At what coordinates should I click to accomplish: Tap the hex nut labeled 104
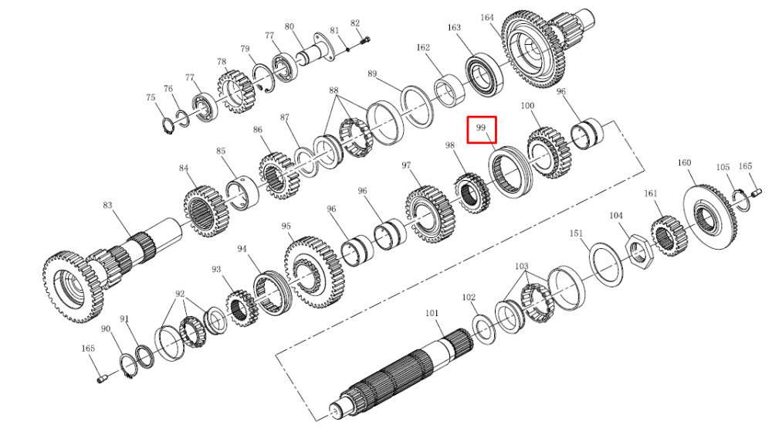click(x=639, y=251)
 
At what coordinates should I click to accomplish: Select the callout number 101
click(x=432, y=313)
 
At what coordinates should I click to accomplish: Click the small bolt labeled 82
click(x=365, y=41)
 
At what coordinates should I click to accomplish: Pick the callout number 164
click(x=487, y=18)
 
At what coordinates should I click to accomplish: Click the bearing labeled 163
click(x=485, y=73)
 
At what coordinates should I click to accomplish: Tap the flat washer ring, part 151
click(x=606, y=264)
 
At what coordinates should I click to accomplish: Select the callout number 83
click(x=107, y=205)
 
